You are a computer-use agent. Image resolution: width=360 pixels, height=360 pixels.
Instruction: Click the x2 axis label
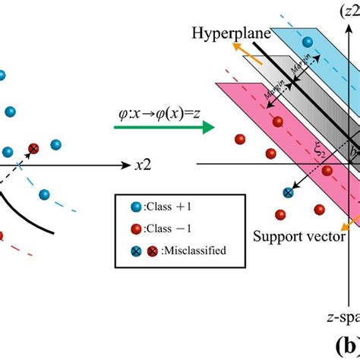coord(142,164)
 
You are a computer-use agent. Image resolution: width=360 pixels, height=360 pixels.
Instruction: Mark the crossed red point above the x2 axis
coord(33,149)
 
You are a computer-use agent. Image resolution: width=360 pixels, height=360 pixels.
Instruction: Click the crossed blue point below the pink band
coord(289,193)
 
